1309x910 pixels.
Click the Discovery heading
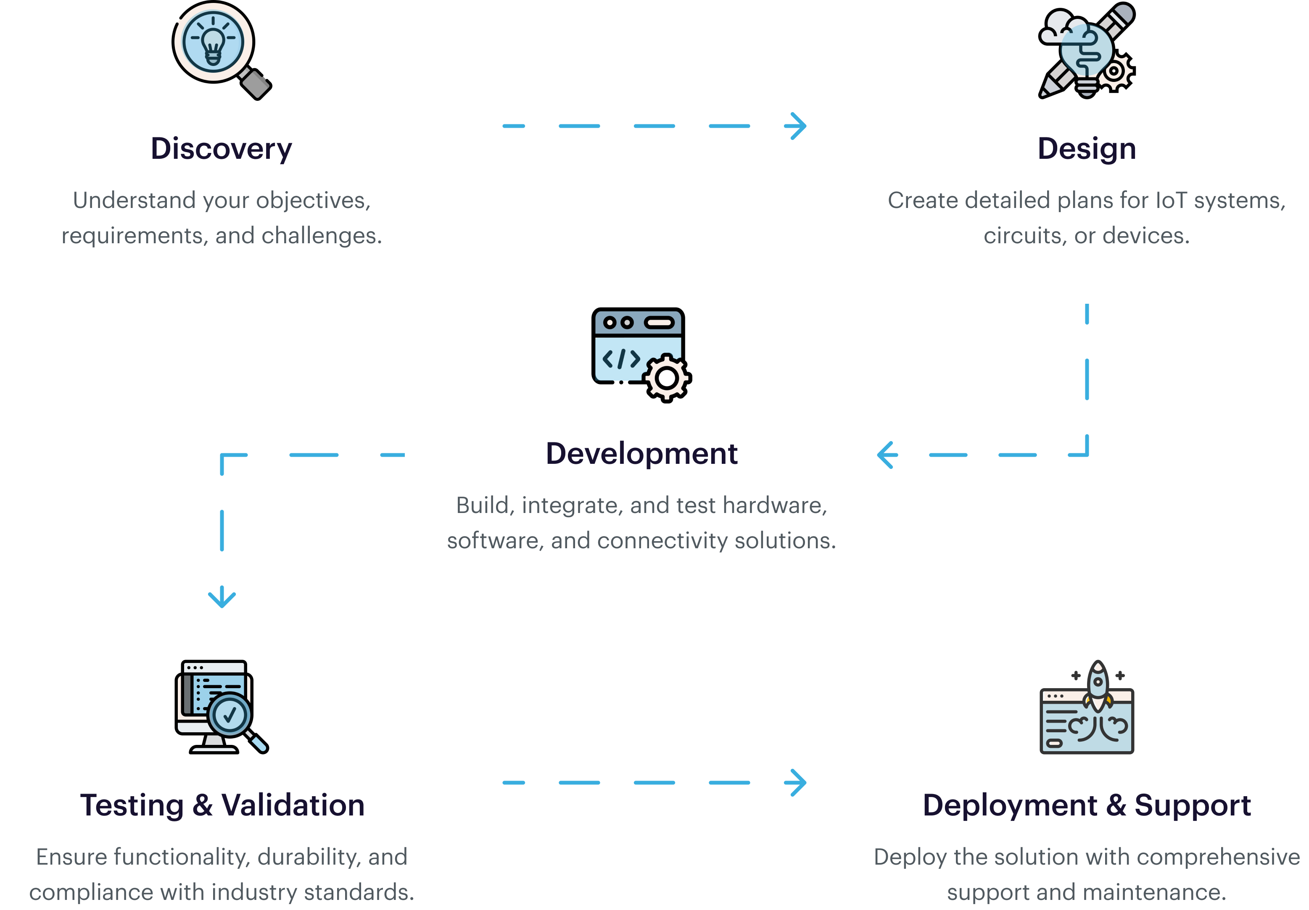[x=221, y=149]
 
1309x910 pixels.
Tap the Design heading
[x=1086, y=149]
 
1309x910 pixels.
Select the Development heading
[x=641, y=454]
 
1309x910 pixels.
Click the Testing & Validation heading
[x=222, y=805]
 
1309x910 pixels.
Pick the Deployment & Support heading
[x=1086, y=805]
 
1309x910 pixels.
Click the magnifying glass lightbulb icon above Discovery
[x=214, y=43]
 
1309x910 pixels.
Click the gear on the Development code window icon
[x=666, y=377]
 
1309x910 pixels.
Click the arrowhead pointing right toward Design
[x=797, y=126]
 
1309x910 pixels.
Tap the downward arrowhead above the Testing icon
[x=222, y=598]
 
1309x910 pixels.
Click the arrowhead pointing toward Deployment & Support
[x=797, y=782]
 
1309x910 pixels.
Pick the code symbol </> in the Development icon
[x=621, y=359]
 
